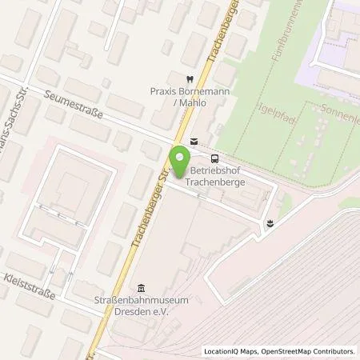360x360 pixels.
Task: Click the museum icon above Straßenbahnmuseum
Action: coord(142,289)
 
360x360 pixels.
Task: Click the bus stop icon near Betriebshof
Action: coord(214,158)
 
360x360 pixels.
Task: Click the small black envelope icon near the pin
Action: coord(194,141)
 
